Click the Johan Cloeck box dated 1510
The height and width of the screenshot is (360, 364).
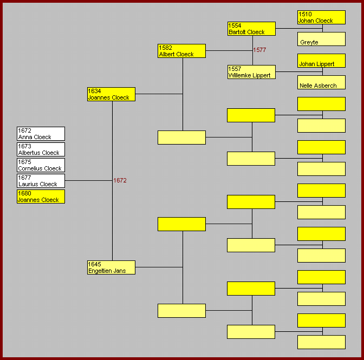coord(321,17)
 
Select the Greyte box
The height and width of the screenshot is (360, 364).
coord(321,39)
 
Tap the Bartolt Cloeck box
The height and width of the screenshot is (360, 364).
coord(251,29)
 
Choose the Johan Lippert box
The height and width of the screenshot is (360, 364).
coord(321,61)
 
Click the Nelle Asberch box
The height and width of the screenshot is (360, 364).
coord(321,82)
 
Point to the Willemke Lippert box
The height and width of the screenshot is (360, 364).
coord(251,72)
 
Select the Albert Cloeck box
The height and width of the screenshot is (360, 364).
coord(181,51)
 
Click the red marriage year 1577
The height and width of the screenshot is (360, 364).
coord(259,50)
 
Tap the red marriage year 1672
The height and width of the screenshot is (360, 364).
coord(120,180)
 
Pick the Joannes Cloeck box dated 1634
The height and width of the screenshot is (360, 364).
coord(111,94)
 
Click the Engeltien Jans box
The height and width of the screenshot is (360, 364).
coord(111,267)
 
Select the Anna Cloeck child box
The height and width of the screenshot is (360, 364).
coord(41,134)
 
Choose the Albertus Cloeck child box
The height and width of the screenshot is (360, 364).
coord(41,149)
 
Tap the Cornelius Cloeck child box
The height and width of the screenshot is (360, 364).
coord(41,165)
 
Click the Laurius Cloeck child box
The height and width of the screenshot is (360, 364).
coord(41,181)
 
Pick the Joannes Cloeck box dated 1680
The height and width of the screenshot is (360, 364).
coord(41,197)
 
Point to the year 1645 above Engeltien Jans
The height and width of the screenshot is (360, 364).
coord(95,264)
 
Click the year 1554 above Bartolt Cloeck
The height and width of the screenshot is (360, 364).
coord(235,25)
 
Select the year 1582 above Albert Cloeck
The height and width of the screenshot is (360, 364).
coord(165,48)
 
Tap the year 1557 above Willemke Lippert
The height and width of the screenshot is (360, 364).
coord(235,69)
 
